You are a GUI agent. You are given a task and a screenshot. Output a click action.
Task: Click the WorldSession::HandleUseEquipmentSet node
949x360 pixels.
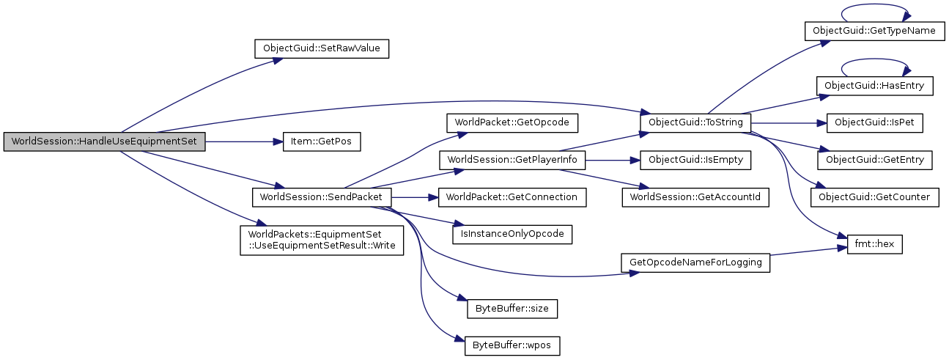[x=104, y=142]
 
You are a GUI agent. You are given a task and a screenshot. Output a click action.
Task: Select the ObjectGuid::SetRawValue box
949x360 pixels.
[x=321, y=49]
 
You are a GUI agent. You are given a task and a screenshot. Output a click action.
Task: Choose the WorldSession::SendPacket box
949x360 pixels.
[x=321, y=197]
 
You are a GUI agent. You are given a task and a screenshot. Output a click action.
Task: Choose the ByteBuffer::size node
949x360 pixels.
[x=512, y=309]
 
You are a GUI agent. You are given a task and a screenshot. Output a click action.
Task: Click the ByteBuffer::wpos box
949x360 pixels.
[x=512, y=343]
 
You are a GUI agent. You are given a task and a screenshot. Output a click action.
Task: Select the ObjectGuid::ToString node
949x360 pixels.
[x=695, y=122]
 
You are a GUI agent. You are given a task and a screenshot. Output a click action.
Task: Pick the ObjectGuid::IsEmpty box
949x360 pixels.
[x=695, y=159]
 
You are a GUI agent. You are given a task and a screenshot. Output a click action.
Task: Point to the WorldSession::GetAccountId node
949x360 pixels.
[x=695, y=197]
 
